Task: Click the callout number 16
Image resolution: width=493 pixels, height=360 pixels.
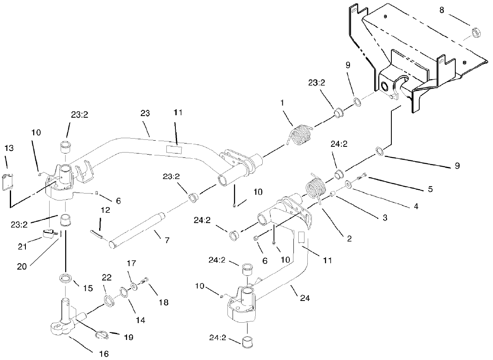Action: (x=105, y=353)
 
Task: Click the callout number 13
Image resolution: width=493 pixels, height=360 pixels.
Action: (x=9, y=148)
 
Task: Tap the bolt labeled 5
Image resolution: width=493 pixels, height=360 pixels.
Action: (x=361, y=178)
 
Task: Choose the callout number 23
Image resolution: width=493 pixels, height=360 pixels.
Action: (x=145, y=113)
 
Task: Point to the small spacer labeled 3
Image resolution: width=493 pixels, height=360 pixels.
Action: (x=333, y=193)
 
